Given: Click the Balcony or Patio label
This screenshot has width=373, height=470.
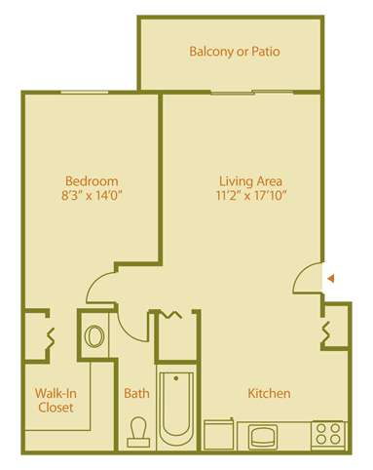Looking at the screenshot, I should pyautogui.click(x=236, y=51).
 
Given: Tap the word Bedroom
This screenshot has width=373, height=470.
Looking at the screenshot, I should pyautogui.click(x=92, y=180).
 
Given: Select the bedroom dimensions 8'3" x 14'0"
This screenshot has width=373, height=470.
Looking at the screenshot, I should pyautogui.click(x=92, y=196).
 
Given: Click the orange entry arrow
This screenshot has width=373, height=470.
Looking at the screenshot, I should pyautogui.click(x=331, y=279).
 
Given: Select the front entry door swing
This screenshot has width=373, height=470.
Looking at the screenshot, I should pyautogui.click(x=309, y=279).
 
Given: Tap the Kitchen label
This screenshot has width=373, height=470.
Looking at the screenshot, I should pyautogui.click(x=269, y=394).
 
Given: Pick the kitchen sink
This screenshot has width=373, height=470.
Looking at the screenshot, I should pyautogui.click(x=262, y=434).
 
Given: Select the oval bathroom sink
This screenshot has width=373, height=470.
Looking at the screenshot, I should pyautogui.click(x=94, y=336).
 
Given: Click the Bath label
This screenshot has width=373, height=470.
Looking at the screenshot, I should pyautogui.click(x=136, y=394).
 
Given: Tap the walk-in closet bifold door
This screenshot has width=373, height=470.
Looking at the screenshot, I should pyautogui.click(x=49, y=337).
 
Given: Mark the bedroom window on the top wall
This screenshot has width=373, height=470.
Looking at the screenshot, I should pyautogui.click(x=91, y=93).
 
